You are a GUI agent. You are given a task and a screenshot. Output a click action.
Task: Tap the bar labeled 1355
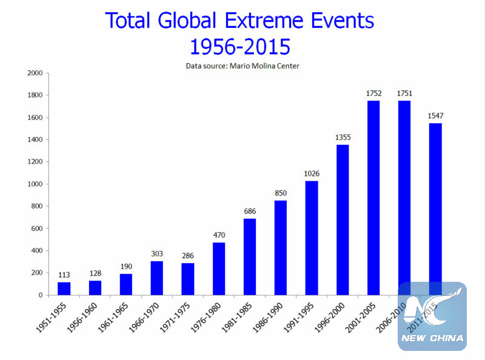coord(342,219)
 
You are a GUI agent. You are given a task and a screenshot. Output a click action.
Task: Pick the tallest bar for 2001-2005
coord(373,198)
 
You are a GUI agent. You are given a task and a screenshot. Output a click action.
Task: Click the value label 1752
coord(373,93)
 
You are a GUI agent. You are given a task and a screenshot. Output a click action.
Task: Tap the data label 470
coord(218,235)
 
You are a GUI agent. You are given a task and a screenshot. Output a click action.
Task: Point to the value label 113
coord(64,275)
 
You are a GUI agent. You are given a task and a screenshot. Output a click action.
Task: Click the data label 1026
coord(311,173)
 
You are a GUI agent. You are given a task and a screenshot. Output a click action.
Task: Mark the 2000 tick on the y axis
coord(35,73)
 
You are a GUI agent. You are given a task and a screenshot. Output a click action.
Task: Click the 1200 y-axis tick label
coord(35,162)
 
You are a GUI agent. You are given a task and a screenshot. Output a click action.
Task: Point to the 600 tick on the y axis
coord(37,228)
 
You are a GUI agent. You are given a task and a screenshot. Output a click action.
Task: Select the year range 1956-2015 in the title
coord(241,46)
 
